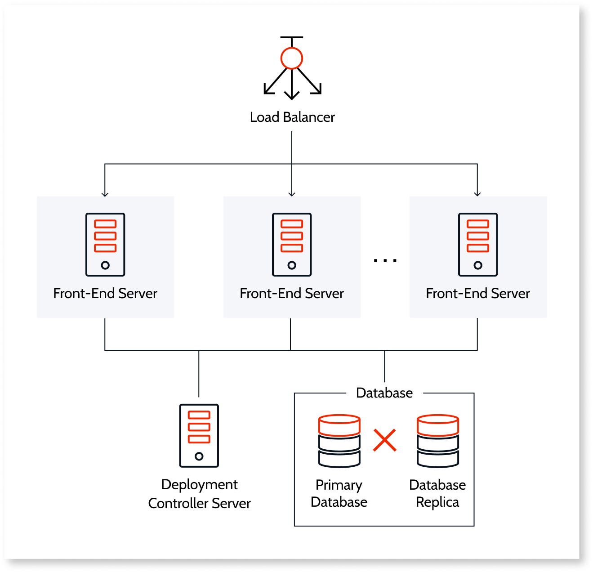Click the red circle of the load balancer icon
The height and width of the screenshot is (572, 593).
[292, 58]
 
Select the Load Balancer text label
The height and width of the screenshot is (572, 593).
[292, 117]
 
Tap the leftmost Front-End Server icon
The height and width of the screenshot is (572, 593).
[105, 245]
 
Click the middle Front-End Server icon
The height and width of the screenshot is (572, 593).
[292, 245]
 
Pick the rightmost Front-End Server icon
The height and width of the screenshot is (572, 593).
[478, 245]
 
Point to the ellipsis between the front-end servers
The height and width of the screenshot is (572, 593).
[385, 260]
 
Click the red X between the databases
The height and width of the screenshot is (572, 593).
[385, 440]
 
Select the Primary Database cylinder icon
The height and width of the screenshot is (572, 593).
[339, 441]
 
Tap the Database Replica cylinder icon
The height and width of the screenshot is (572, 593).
[438, 441]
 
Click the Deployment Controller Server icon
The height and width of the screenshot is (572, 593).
[199, 435]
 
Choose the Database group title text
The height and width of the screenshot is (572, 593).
[384, 393]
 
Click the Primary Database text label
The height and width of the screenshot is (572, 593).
[339, 493]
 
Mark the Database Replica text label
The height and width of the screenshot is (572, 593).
[437, 493]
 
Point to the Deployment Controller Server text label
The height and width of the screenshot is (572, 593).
[200, 494]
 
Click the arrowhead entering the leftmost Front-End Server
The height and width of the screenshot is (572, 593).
[105, 194]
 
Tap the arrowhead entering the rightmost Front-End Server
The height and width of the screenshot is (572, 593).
[477, 194]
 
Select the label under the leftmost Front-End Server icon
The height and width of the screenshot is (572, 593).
[105, 294]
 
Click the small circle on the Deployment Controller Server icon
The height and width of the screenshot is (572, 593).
[199, 456]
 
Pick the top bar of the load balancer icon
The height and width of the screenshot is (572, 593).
[292, 38]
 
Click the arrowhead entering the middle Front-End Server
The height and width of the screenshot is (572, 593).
[292, 194]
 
